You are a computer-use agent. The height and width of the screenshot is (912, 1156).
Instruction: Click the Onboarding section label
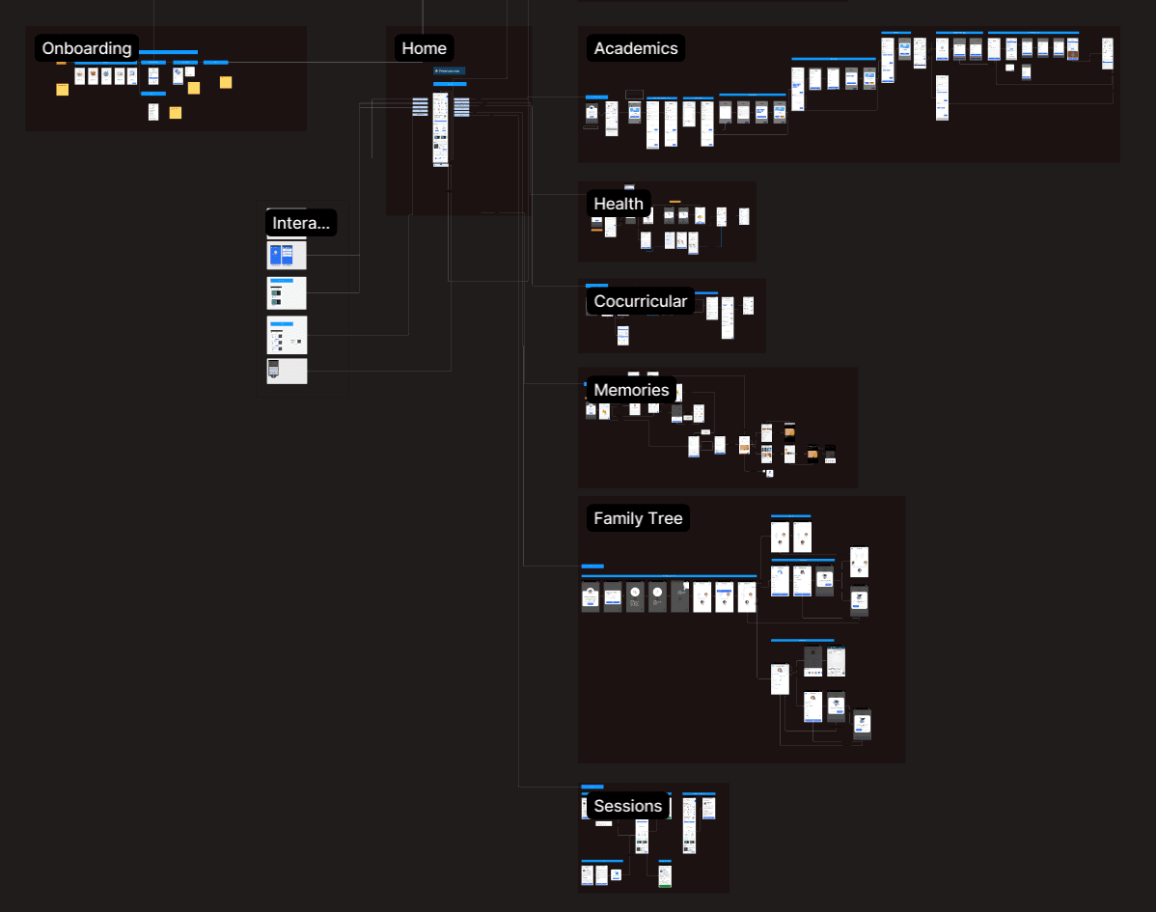coord(87,48)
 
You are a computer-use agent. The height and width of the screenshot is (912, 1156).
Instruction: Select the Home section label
coord(424,48)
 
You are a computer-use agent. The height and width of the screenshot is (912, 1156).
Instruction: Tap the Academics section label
coord(636,48)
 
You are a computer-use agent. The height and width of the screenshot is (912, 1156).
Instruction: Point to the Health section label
coord(619,204)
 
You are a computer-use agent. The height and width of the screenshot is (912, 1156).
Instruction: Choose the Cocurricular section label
coord(641,301)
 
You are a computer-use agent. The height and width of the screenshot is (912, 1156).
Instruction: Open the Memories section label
coord(631,390)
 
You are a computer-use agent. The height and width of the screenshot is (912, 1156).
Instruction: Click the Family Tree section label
coord(638,518)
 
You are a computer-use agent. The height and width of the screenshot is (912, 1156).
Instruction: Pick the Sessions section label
coord(628,806)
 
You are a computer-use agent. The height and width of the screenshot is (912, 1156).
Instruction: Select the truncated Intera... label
coord(301,224)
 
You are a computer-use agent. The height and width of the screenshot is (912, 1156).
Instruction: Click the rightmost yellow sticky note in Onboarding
coord(226,82)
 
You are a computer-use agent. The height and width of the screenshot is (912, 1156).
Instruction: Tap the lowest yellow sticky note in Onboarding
coord(176,113)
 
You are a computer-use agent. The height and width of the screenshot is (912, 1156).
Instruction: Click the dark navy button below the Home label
coord(449,70)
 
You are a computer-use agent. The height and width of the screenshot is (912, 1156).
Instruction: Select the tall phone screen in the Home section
coord(440,129)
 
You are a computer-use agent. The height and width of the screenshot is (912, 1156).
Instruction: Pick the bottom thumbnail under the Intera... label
coord(287,371)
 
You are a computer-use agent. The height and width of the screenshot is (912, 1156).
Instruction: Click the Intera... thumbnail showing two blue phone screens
coord(287,256)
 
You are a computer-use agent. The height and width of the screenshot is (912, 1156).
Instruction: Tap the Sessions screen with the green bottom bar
coord(665,875)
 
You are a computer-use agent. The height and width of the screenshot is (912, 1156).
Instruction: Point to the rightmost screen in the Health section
coord(744,216)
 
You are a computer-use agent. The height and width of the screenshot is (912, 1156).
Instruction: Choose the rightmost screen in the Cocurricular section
coord(748,305)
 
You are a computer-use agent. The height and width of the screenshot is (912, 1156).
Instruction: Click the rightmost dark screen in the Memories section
coord(830,454)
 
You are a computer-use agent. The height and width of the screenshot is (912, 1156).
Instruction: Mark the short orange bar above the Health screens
coord(674,202)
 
